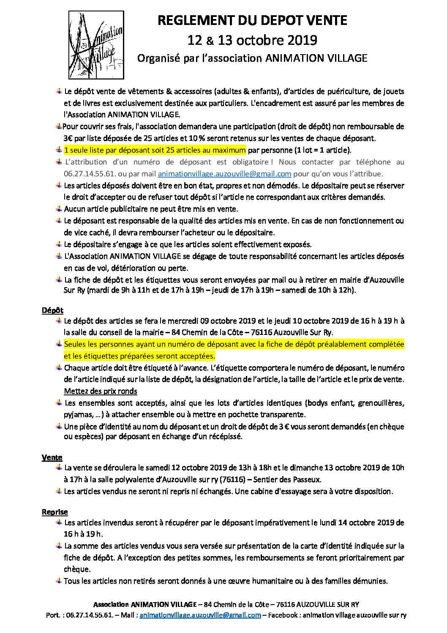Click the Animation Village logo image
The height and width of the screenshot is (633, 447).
coord(97,45)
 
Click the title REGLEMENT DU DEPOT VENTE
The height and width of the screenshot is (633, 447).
coord(252,20)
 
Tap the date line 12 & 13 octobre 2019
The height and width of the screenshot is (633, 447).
coord(252,40)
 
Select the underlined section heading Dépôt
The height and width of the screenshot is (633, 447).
coord(52,310)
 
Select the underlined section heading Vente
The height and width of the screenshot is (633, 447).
coord(52,457)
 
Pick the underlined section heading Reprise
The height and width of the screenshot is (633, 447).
coord(55,512)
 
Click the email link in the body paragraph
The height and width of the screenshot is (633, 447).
coord(224,174)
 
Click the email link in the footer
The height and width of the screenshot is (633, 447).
coord(200,615)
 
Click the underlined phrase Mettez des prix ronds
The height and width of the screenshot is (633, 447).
coord(101,391)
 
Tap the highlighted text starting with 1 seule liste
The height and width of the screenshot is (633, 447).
coord(155,150)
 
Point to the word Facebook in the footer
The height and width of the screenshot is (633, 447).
coord(283,615)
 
